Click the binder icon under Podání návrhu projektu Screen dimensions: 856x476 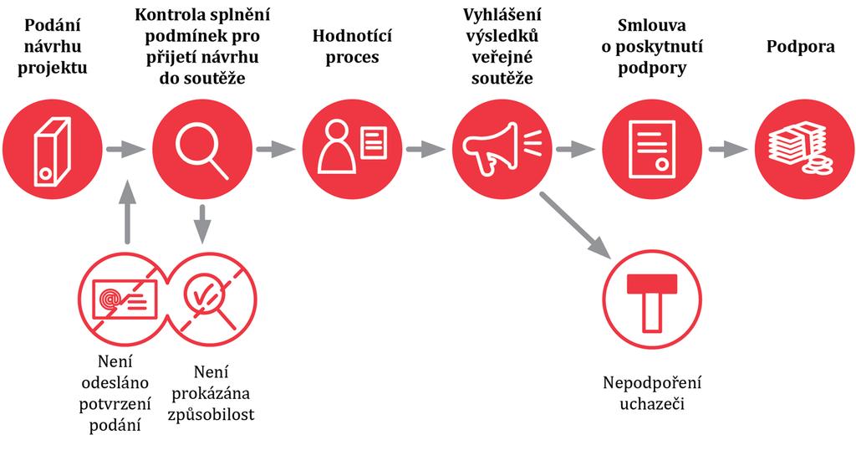pos(53,151)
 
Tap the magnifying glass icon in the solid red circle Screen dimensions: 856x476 pos(201,151)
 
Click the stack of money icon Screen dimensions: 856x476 pos(801,149)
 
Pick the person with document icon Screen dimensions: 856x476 pos(352,146)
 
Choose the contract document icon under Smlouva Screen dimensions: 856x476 pos(652,149)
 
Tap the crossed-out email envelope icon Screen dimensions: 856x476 pos(125,299)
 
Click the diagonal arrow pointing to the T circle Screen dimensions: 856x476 pos(575,224)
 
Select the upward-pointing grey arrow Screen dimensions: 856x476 pos(127,212)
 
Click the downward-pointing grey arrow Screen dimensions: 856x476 pos(202,224)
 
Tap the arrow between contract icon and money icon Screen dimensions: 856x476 pos(728,149)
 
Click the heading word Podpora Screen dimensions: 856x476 pos(800,47)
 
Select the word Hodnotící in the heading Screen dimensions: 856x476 pos(352,36)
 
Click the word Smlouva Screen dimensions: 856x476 pos(652,25)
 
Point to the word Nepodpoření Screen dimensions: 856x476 pos(652,382)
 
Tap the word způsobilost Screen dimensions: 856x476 pos(211,415)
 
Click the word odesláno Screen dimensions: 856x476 pos(115,382)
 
